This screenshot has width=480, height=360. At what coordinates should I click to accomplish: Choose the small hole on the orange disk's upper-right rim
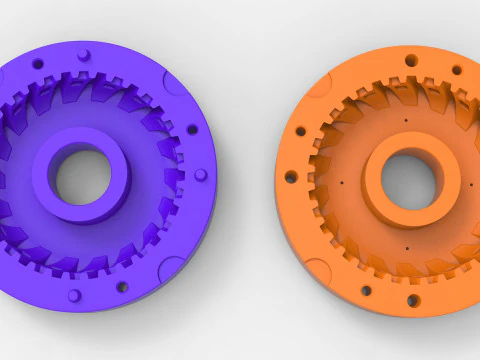point(454,71)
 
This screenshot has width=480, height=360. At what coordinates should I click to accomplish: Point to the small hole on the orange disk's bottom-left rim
point(366,291)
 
